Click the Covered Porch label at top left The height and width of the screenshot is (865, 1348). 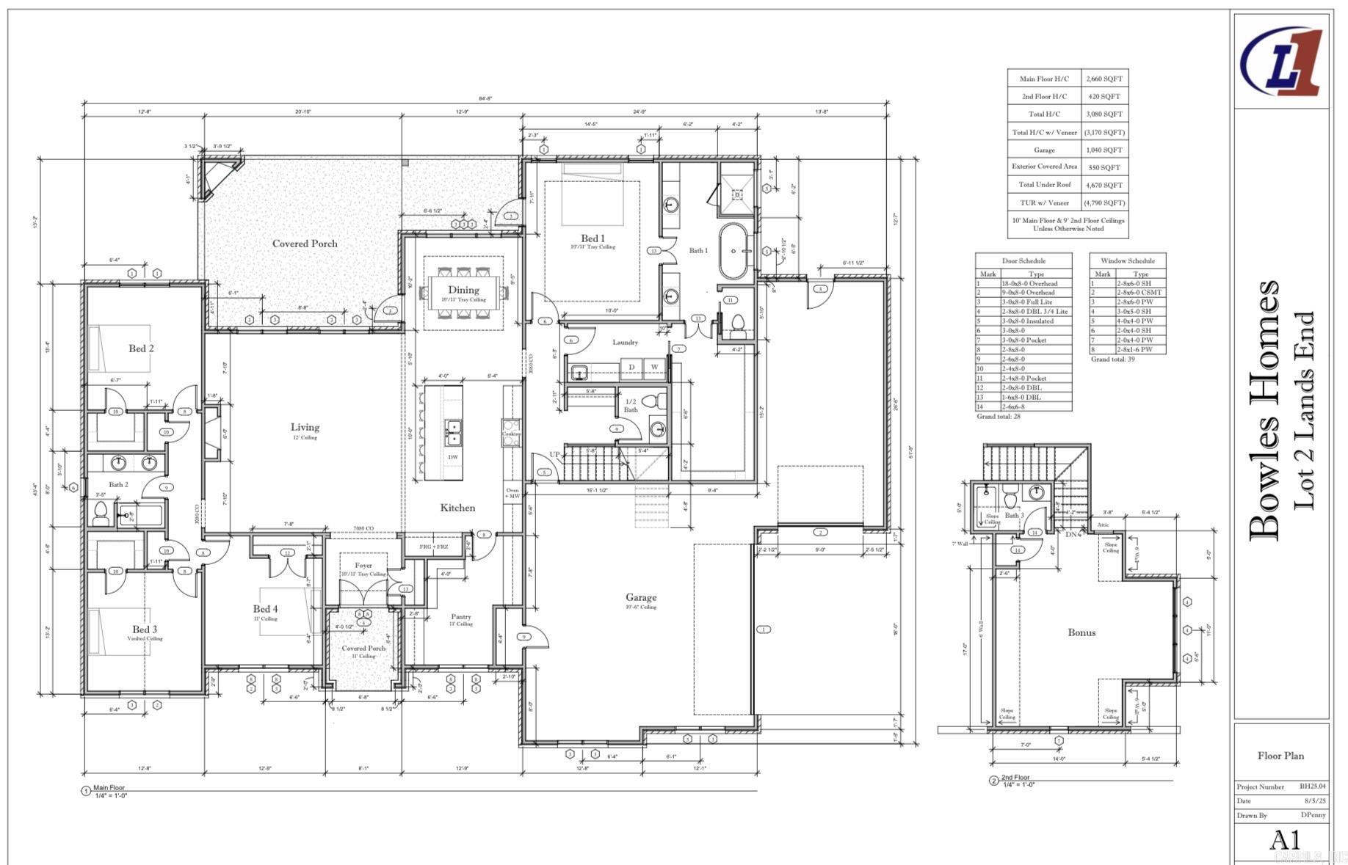coord(305,244)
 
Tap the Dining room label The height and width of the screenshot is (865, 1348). coord(463,290)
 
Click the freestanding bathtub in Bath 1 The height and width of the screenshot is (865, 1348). coord(733,251)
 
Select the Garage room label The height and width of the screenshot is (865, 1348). coord(641,597)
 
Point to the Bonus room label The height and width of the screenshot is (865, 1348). coord(1081,632)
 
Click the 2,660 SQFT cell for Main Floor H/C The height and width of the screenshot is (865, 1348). coord(1104,79)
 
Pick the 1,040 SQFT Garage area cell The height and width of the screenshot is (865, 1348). coord(1104,150)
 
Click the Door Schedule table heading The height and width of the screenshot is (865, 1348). coord(1023,260)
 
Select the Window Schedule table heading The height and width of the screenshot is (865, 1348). coord(1128,260)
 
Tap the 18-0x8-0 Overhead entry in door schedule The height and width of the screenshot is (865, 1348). coord(1029,283)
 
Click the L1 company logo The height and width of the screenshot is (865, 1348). coord(1281,62)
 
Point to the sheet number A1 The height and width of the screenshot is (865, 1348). coord(1285,839)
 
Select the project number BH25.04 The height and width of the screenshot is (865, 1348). coord(1313,786)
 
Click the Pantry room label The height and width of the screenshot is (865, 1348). coord(461,617)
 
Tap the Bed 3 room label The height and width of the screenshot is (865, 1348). coord(145,629)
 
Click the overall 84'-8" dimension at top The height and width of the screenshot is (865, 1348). coord(485,98)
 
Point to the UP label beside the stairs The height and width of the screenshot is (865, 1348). coord(555,454)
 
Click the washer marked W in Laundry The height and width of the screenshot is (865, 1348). coord(654,367)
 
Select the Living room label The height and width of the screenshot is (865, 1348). coord(305,427)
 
